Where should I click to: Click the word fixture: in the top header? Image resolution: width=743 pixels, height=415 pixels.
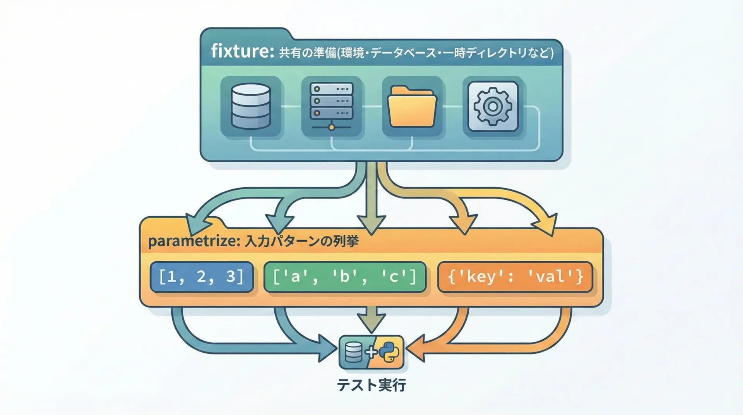(x=242, y=51)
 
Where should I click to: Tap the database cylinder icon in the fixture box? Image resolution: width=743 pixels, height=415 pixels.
(x=250, y=106)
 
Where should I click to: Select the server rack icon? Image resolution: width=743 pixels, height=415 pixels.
(x=331, y=102)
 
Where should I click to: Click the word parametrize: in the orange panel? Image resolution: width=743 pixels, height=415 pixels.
(x=192, y=242)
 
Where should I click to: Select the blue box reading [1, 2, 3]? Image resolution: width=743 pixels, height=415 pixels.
(x=201, y=277)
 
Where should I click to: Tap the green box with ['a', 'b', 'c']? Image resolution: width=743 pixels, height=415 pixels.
(x=344, y=277)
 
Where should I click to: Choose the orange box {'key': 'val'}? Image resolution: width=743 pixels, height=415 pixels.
(x=515, y=277)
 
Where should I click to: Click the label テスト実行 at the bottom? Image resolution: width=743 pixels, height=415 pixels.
(x=371, y=385)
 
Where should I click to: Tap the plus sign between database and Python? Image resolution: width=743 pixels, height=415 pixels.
(x=371, y=352)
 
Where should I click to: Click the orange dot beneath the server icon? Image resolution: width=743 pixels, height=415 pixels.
(x=331, y=127)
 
